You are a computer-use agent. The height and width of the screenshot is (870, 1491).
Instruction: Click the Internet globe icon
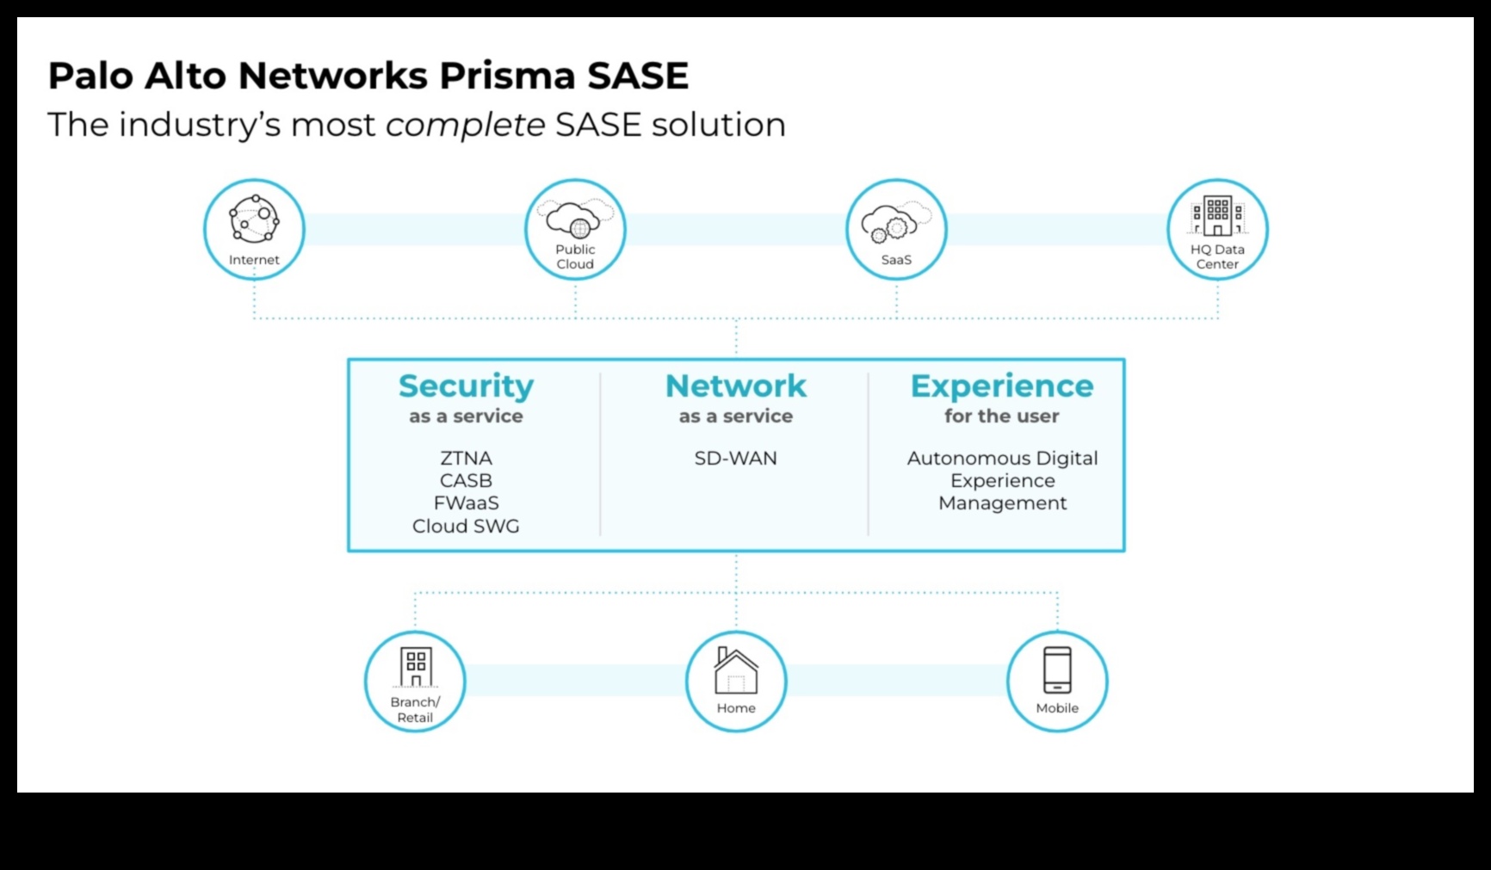click(254, 219)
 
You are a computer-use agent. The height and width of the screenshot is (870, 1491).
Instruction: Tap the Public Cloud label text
click(575, 256)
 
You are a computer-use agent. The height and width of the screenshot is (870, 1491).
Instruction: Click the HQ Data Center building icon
click(1217, 216)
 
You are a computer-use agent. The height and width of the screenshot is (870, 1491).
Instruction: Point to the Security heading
click(466, 386)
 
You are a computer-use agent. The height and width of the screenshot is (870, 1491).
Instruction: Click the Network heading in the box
click(736, 386)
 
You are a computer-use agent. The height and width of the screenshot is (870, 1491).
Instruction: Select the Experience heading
click(1002, 386)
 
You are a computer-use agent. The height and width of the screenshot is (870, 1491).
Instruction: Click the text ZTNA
click(466, 459)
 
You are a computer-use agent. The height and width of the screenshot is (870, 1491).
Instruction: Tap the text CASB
click(466, 481)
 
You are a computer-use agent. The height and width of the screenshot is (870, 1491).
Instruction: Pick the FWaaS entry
click(466, 503)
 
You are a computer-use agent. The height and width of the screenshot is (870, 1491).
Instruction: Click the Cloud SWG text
click(466, 527)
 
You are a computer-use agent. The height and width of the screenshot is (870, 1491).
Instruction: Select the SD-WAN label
click(736, 459)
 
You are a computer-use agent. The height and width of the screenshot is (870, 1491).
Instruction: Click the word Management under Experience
click(1002, 503)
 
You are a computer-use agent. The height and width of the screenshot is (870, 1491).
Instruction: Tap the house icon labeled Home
click(736, 671)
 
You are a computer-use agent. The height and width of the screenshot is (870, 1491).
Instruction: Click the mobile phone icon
click(1057, 669)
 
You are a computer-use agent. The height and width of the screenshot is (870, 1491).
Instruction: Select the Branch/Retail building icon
click(416, 668)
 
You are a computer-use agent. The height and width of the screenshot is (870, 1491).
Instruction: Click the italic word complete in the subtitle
click(465, 126)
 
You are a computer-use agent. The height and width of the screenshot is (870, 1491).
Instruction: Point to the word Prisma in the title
click(507, 76)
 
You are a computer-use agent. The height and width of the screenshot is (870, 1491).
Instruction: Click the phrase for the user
click(1002, 416)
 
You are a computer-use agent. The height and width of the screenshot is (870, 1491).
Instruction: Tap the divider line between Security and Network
click(601, 454)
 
